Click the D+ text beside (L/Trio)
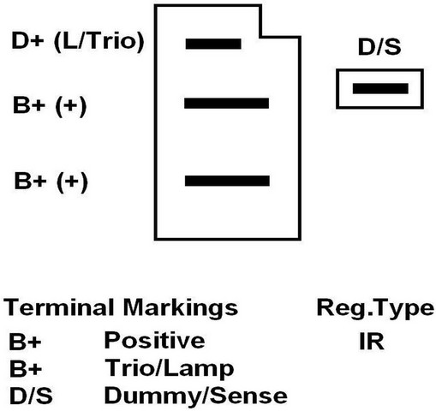[27, 41]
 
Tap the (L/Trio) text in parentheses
[99, 42]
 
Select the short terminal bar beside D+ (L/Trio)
[213, 44]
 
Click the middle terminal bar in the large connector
[226, 104]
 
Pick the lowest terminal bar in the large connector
[227, 181]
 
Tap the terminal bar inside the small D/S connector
[380, 88]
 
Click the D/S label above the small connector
[379, 47]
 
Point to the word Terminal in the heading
[58, 307]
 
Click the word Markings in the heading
[181, 308]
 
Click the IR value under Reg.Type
[372, 342]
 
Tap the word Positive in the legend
[154, 340]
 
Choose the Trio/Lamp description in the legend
[170, 369]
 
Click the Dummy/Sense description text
[196, 396]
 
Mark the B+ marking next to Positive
[25, 342]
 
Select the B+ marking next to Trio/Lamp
[26, 368]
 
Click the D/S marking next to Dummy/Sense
[31, 396]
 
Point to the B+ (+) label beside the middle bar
[50, 106]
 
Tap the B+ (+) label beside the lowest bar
[51, 182]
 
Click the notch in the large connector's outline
[260, 37]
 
